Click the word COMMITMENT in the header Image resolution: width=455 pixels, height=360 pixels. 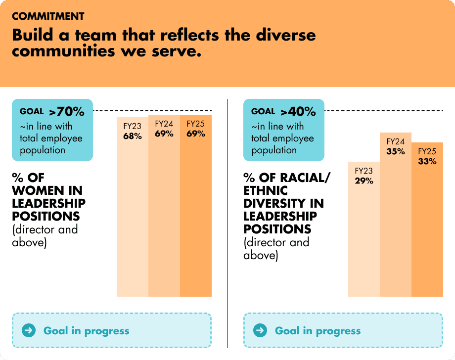[x=48, y=16]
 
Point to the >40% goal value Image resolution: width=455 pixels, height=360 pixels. [x=298, y=112]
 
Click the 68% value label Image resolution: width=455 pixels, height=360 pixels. [x=133, y=136]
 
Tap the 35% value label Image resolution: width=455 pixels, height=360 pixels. [x=396, y=152]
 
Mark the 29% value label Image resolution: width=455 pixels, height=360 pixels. [x=364, y=181]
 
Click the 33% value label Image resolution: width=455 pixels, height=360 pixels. [x=427, y=161]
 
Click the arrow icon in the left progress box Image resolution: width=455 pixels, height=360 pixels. [x=29, y=330]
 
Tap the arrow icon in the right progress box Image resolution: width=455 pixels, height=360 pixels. [x=261, y=330]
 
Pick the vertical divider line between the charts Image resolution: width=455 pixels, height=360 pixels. [x=227, y=223]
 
